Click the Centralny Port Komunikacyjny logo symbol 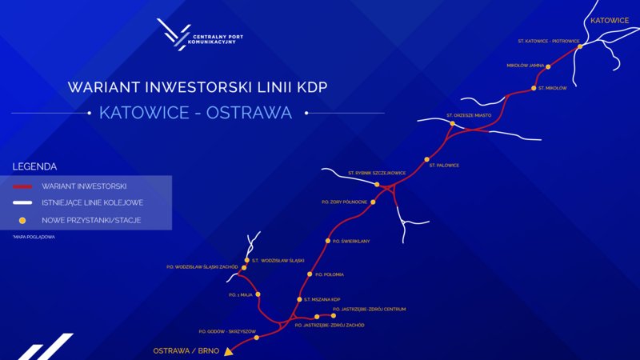174,34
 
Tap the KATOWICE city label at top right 609,20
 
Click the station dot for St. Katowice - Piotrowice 580,46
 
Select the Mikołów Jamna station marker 548,66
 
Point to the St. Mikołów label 553,88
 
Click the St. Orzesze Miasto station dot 452,124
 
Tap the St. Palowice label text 444,166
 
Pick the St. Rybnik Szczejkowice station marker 376,185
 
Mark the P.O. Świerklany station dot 327,241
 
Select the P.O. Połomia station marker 309,274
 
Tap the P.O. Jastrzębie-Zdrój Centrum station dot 334,315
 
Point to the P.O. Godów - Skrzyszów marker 256,338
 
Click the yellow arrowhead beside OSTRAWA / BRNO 228,350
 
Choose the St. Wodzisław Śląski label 278,260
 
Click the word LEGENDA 34,166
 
